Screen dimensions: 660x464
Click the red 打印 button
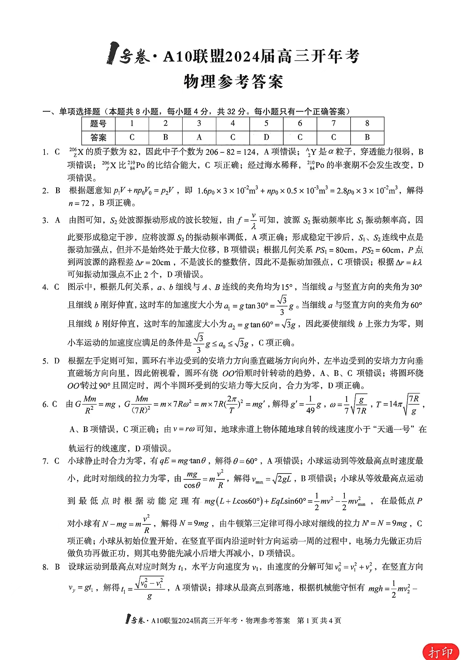click(441, 652)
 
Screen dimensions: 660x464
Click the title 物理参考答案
click(233, 82)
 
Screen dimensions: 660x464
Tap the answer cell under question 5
click(266, 137)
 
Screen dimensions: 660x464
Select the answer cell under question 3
click(199, 137)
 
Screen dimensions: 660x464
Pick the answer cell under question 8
click(367, 137)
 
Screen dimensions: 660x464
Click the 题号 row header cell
click(98, 124)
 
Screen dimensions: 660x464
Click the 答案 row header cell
click(98, 137)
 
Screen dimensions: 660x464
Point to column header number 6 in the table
click(300, 123)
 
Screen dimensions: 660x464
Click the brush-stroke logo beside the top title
click(112, 53)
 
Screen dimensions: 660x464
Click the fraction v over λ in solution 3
click(254, 220)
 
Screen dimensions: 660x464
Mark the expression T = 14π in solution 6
click(389, 404)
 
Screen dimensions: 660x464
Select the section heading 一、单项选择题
click(71, 112)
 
